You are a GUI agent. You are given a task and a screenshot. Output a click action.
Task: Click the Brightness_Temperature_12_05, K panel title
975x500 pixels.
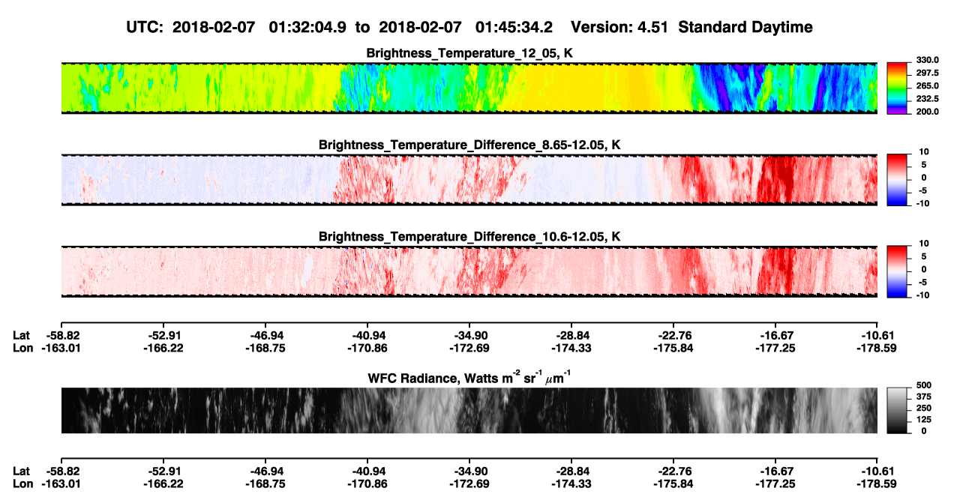tap(469, 53)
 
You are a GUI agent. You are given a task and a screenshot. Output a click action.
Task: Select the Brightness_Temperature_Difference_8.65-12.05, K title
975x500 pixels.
tap(469, 145)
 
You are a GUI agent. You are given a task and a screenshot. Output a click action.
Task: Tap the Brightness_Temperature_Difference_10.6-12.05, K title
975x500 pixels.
tap(469, 237)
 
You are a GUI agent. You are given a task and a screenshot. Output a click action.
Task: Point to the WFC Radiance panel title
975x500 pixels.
tap(469, 378)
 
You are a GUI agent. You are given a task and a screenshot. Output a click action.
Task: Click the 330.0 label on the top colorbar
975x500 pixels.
tap(927, 60)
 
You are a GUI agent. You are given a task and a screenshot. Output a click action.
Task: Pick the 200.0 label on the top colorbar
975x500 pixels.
tap(927, 112)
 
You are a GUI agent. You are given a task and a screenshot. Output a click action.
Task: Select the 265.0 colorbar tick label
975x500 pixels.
tap(927, 85)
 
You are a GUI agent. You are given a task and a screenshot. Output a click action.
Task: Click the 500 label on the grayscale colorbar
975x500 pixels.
tap(924, 385)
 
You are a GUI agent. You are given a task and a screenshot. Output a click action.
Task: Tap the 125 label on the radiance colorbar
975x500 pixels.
tap(924, 420)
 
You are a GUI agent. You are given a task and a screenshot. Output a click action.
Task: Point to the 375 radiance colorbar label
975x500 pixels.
tap(924, 397)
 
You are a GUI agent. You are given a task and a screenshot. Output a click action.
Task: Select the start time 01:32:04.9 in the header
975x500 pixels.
tap(307, 27)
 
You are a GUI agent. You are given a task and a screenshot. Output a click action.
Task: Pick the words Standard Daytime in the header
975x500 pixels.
tap(745, 28)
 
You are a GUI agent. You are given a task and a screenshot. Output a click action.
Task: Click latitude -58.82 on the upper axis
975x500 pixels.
tap(61, 336)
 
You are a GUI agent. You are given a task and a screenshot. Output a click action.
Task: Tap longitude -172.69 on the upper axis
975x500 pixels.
tap(469, 348)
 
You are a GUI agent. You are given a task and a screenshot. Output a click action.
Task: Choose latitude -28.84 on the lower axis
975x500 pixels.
tap(571, 472)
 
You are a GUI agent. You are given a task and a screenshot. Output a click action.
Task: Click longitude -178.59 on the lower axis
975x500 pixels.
tap(877, 484)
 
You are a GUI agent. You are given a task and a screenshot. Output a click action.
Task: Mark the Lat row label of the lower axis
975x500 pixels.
tap(21, 472)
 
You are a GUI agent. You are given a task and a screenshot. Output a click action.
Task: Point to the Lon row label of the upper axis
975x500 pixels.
tap(23, 348)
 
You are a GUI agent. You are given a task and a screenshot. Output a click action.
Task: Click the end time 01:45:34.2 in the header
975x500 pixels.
tap(514, 27)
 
